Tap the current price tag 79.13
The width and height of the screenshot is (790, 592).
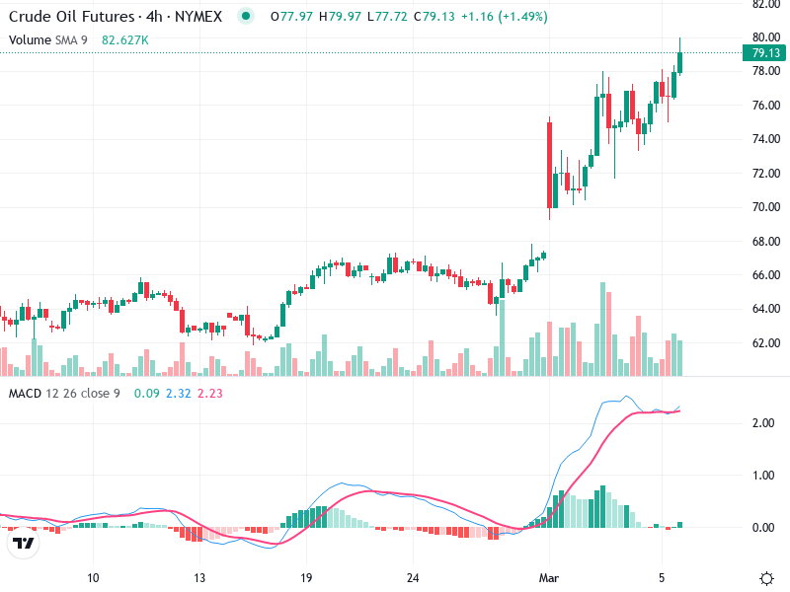point(766,53)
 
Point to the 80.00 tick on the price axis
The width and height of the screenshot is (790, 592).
point(766,37)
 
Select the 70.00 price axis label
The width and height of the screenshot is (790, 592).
point(766,207)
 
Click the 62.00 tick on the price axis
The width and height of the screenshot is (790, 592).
point(766,343)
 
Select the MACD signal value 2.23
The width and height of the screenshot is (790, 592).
point(210,394)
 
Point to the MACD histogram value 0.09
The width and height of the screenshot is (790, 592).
point(146,394)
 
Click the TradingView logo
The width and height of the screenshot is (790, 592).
point(24,544)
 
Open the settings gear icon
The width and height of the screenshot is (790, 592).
point(766,577)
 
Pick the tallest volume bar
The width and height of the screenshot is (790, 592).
point(603,329)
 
